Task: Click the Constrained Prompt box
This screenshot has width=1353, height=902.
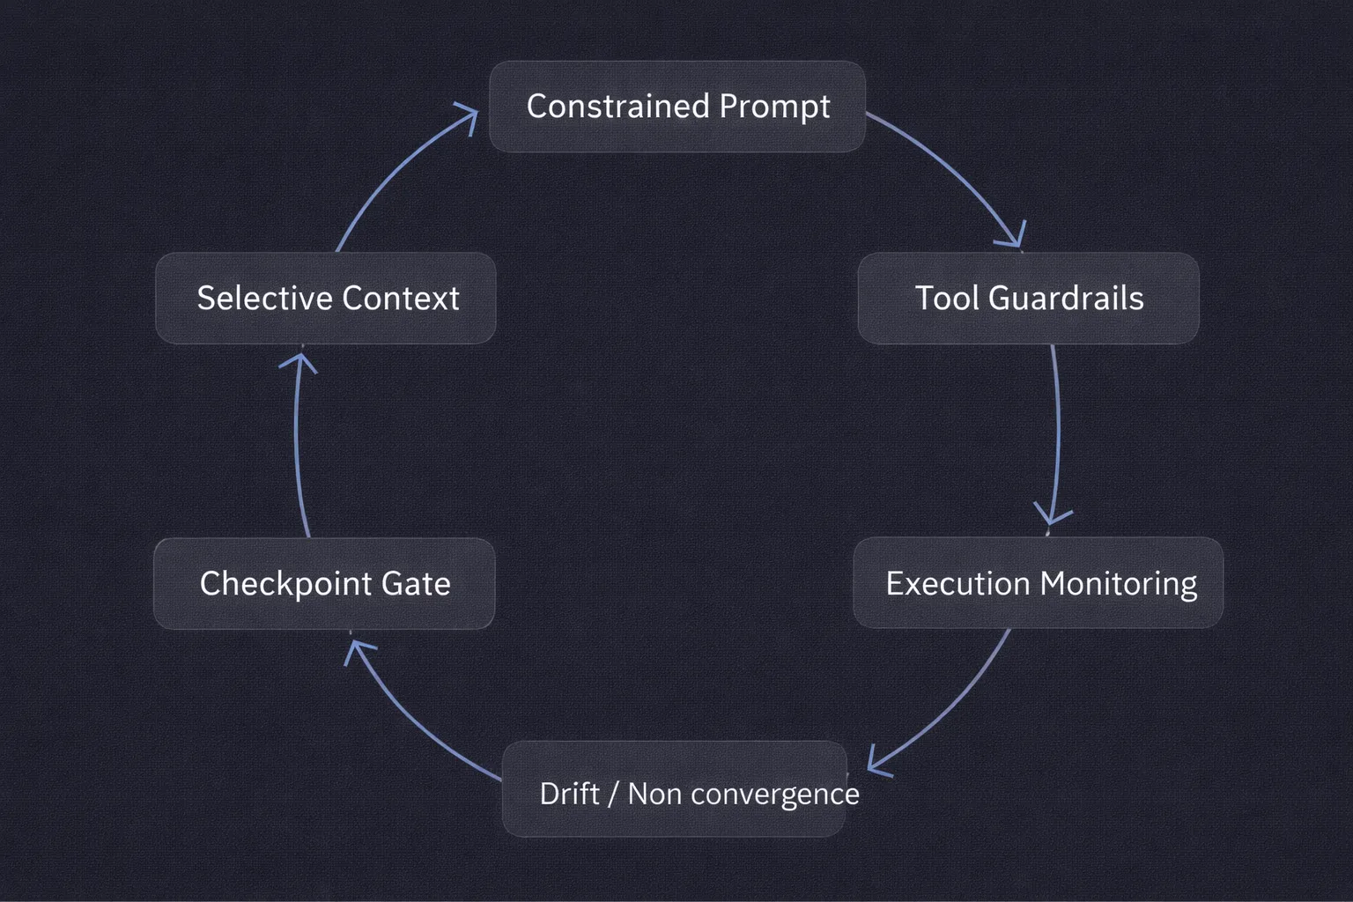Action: [676, 107]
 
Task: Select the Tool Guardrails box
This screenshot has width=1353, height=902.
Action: [1028, 298]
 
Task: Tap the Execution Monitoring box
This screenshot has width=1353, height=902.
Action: [1038, 583]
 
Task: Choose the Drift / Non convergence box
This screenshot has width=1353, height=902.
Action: [674, 789]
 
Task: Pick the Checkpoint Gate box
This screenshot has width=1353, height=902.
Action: [324, 583]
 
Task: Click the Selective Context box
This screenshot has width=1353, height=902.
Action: [326, 298]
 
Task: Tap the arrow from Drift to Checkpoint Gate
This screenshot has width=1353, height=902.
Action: [414, 722]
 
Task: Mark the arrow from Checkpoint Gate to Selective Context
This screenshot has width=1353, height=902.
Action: [297, 440]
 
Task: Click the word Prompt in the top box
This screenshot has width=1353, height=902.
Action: [774, 107]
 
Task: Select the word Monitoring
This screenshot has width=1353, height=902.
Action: [1119, 583]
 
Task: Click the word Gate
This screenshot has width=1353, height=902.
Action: [415, 583]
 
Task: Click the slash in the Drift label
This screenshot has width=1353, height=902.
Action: [613, 794]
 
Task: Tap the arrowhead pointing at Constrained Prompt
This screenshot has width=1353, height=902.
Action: [467, 115]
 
